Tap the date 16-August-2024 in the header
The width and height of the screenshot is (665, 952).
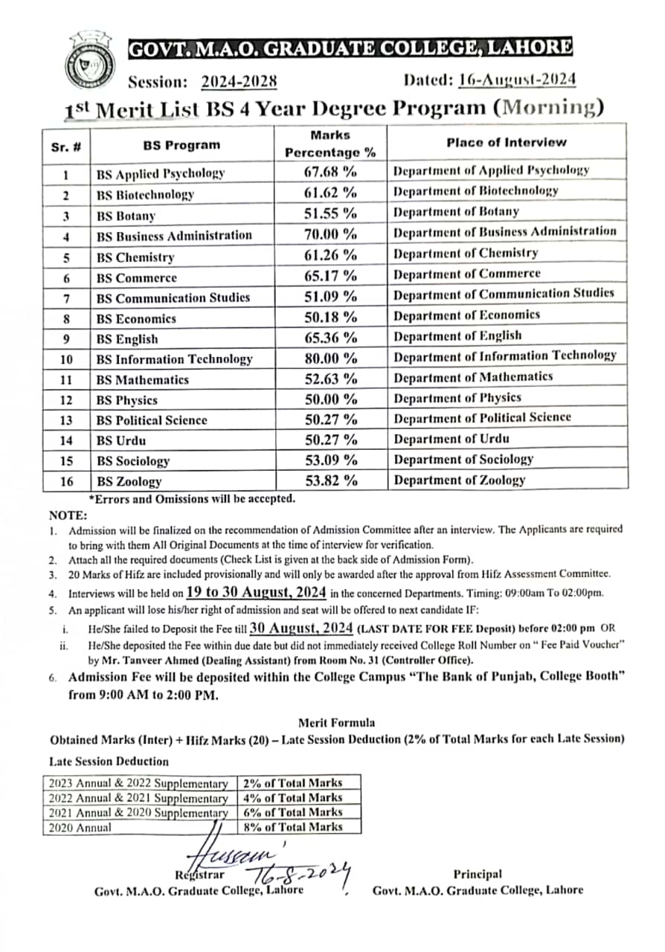coord(517,80)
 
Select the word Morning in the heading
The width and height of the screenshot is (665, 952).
coord(549,108)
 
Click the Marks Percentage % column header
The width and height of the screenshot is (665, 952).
coord(330,144)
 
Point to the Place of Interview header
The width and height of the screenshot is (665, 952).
coord(506,142)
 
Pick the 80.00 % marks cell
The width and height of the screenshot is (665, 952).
coord(330,358)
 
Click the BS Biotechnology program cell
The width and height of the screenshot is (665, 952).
coord(145,195)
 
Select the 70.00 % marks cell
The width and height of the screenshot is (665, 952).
coord(330,235)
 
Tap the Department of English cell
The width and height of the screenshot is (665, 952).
coord(457,335)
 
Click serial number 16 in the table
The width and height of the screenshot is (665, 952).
coord(67,481)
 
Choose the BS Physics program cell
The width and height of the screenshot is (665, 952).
coord(126,399)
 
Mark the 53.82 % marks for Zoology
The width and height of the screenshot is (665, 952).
coord(330,481)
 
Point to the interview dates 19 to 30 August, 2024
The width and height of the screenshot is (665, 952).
coord(256,592)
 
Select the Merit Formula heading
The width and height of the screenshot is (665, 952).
coord(336,722)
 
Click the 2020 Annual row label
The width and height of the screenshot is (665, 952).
coord(80,827)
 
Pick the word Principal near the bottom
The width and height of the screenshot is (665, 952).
coord(477,875)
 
